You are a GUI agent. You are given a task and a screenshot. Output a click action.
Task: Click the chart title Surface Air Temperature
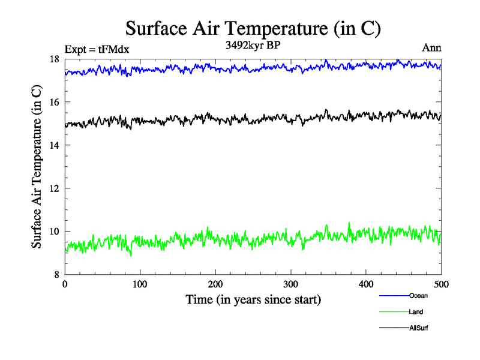tap(253, 28)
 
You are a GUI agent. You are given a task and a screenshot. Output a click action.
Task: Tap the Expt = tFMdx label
tap(97, 49)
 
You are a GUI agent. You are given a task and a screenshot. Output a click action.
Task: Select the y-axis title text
tap(37, 167)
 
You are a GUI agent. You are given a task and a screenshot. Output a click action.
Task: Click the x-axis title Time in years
tap(253, 299)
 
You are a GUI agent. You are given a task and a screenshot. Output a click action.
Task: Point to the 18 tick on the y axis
tap(54, 59)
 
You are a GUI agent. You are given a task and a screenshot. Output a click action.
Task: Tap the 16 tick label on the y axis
tap(54, 102)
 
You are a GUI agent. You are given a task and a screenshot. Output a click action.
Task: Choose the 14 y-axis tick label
tap(54, 145)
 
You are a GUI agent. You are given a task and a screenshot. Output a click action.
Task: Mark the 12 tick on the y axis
tap(54, 188)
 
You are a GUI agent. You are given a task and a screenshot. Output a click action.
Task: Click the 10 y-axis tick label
tap(54, 232)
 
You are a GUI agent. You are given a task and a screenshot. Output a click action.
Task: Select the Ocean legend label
tap(418, 296)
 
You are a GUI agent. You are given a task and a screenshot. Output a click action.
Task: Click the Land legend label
tap(416, 312)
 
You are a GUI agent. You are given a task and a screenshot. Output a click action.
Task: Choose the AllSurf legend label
tap(419, 328)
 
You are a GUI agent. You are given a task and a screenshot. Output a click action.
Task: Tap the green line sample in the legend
tap(394, 312)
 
